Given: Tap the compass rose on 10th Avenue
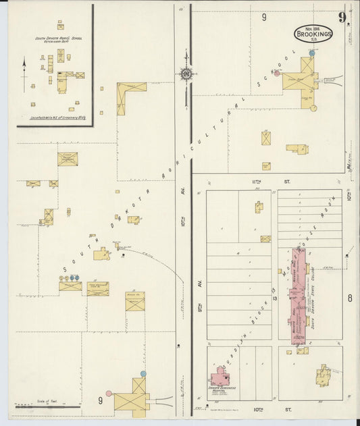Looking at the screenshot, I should pyautogui.click(x=185, y=74).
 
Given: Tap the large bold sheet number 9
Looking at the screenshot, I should pyautogui.click(x=343, y=17).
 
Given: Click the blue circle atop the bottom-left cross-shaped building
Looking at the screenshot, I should pyautogui.click(x=143, y=373).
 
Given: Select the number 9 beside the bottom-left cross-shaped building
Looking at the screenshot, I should pyautogui.click(x=100, y=400).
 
